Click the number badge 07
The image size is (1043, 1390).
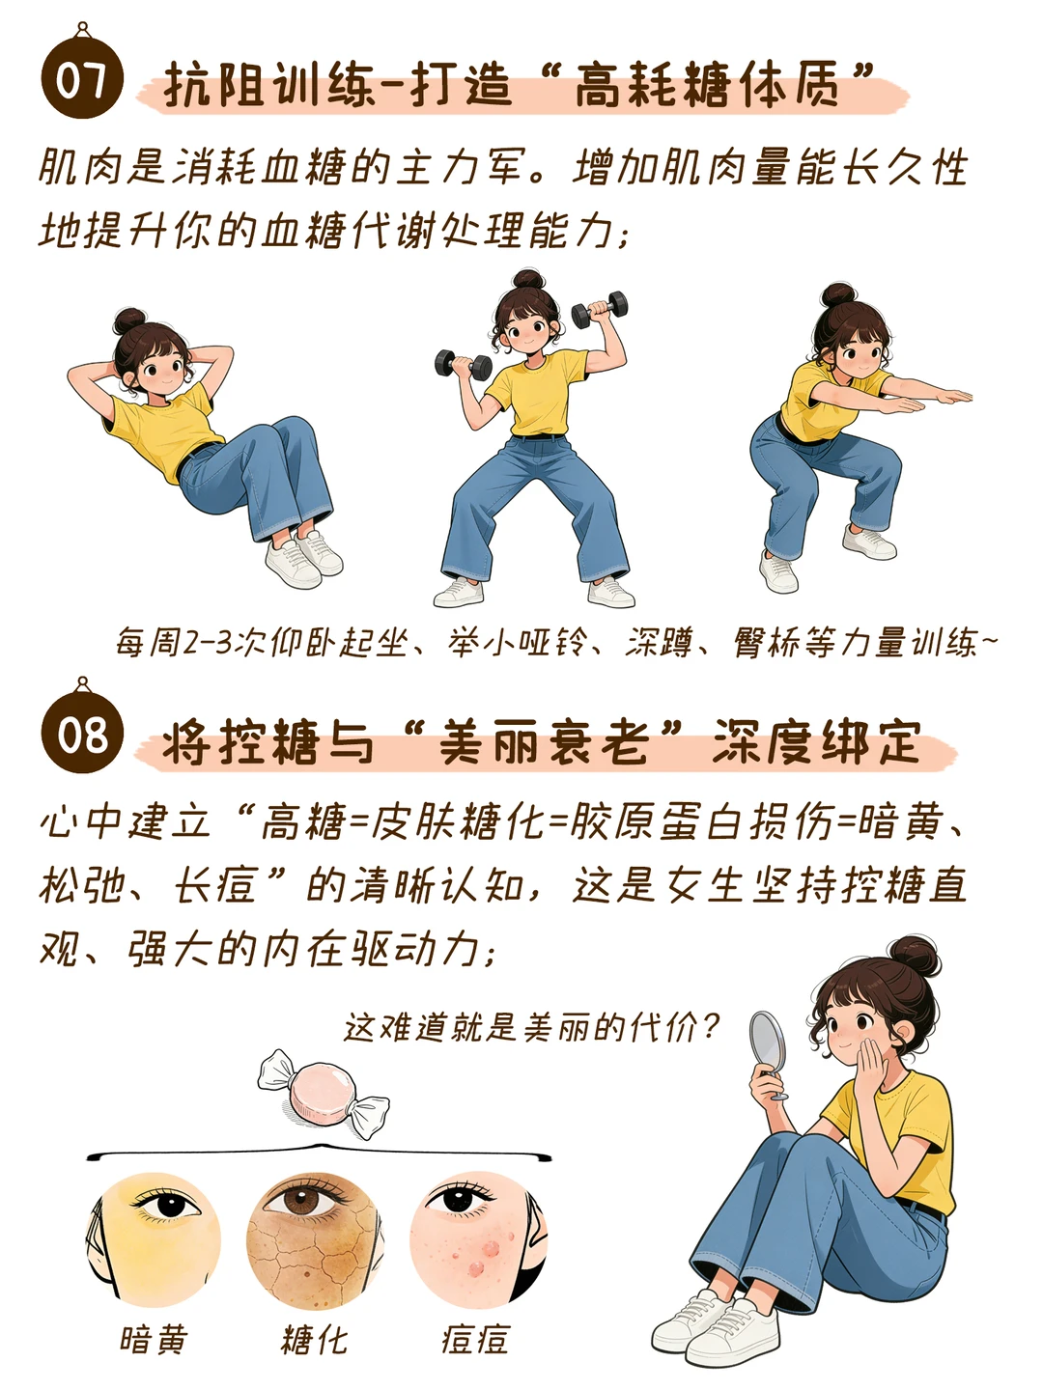point(82,77)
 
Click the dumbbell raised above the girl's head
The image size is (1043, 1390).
point(599,310)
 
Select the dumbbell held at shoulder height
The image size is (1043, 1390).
point(463,364)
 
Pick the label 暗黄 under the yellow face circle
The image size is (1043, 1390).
point(154,1340)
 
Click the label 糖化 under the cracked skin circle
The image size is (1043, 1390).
point(314,1340)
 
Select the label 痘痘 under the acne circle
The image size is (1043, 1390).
point(475,1340)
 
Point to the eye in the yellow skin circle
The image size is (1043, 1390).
point(167,1202)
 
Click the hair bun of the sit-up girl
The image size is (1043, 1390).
point(129,321)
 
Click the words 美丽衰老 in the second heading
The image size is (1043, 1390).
point(544,741)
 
